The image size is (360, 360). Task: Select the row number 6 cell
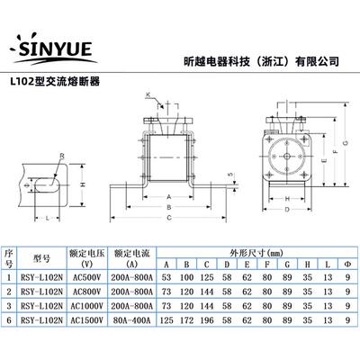coord(8,317)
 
